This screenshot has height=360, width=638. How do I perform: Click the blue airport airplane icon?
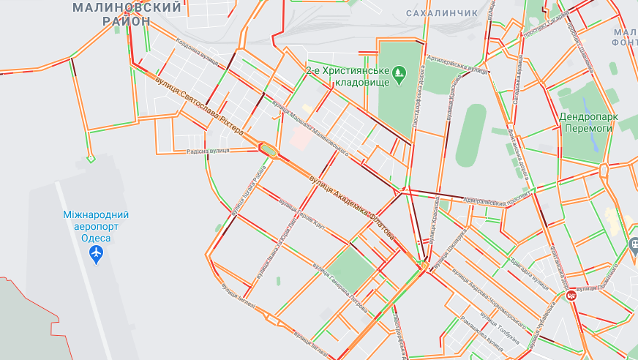[x=96, y=255]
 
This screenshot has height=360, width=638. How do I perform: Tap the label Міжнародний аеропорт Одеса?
[x=96, y=226]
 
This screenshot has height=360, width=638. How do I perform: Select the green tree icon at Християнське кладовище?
[x=399, y=72]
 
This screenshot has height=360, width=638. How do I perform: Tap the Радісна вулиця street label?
[x=208, y=151]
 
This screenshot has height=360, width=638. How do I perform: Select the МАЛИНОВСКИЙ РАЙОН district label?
[x=127, y=14]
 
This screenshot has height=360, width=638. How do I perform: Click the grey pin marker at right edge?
[x=634, y=246]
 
